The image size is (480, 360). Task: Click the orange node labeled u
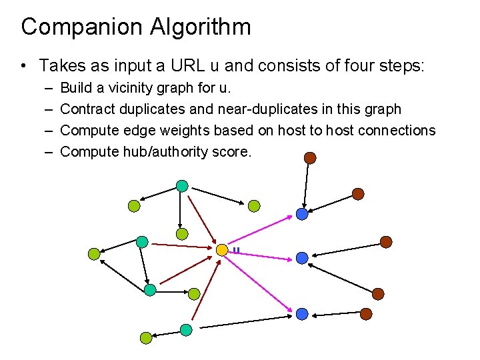point(222,250)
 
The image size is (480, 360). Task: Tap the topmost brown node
point(309,158)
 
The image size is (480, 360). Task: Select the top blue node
point(302,214)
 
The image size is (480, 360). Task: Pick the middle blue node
point(302,257)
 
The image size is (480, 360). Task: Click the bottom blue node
point(302,313)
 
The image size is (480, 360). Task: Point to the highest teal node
point(181,186)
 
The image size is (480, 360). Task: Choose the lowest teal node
point(186,330)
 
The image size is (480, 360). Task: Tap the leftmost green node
point(94,253)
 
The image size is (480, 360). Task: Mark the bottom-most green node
point(145,338)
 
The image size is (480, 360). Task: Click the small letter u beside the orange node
point(236,251)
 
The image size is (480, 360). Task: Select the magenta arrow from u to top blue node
point(261,231)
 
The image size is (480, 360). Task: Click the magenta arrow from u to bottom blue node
point(261,281)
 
